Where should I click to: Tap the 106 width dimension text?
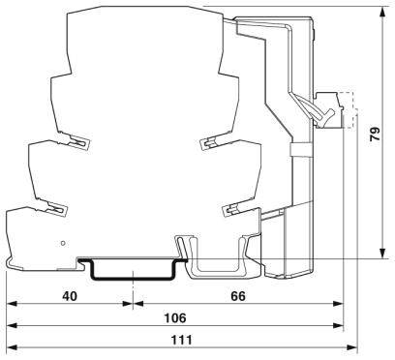174,317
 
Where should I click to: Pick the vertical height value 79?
376,136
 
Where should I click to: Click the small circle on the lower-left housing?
65,243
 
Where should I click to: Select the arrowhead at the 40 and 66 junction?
129,307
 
